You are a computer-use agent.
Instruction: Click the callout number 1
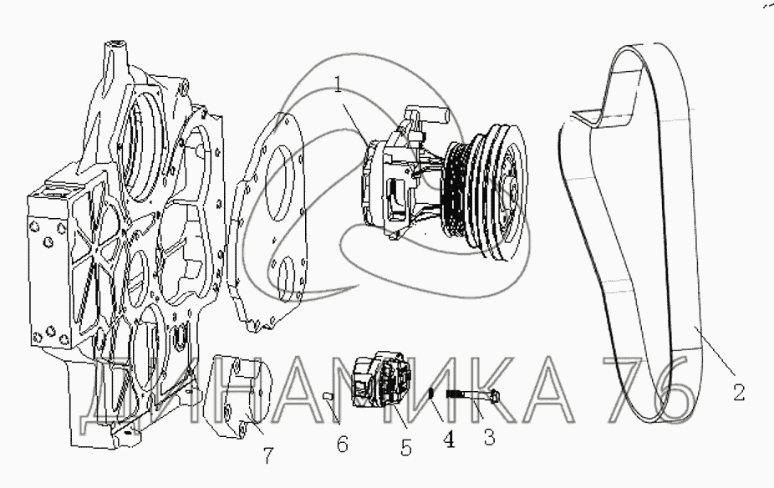pos(339,86)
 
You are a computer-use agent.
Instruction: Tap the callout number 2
pos(738,393)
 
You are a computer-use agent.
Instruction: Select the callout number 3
pos(489,437)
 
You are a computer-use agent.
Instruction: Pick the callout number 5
pos(405,447)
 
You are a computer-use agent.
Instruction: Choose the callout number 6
pos(342,444)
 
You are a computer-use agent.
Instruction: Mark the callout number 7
pos(267,455)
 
